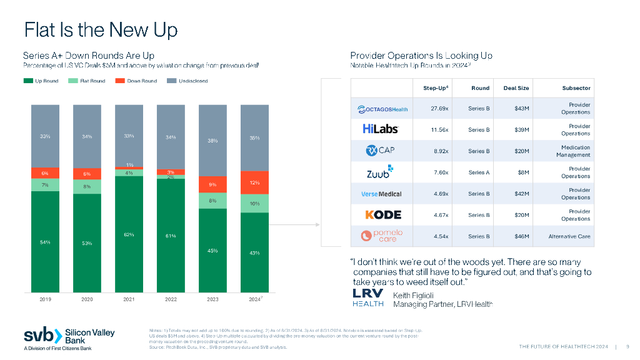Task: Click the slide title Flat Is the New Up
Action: [x=101, y=29]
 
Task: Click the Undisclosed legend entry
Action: [x=188, y=81]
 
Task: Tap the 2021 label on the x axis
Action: [x=129, y=300]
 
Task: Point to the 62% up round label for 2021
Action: [x=129, y=234]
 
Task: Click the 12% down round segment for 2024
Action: [x=254, y=182]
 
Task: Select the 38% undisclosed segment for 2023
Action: [x=212, y=141]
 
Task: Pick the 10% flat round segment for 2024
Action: [x=254, y=203]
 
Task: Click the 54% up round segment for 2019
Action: [x=45, y=242]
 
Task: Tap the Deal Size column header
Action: [x=516, y=88]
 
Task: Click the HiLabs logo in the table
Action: [x=380, y=129]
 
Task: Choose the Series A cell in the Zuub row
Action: [x=479, y=172]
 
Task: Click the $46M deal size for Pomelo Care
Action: [x=521, y=236]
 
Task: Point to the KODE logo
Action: [x=382, y=215]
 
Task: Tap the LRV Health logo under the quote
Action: [x=368, y=298]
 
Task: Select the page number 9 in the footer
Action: [x=627, y=347]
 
